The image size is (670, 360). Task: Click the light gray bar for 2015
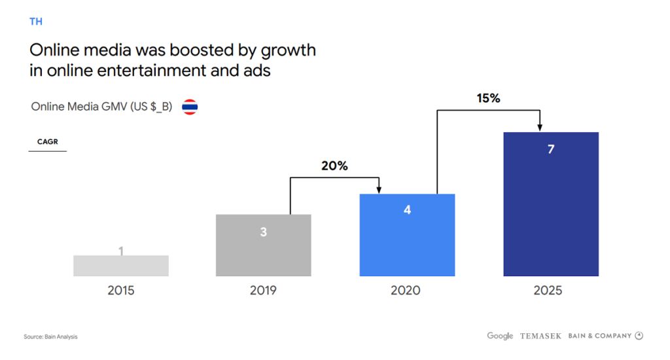click(x=121, y=266)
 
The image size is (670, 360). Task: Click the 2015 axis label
click(x=121, y=291)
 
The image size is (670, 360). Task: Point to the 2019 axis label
click(x=263, y=291)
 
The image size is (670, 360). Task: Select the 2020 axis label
click(x=406, y=291)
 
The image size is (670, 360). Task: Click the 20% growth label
click(x=334, y=166)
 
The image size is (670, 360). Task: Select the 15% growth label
click(x=487, y=99)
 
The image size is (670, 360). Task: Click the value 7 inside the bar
click(x=551, y=149)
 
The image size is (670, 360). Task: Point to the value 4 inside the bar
click(x=407, y=211)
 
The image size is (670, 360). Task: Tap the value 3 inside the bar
click(x=264, y=232)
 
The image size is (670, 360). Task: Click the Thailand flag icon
click(x=190, y=107)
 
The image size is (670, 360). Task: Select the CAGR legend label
click(x=48, y=141)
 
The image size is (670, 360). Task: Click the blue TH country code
click(x=36, y=22)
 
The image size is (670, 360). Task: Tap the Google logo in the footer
click(x=500, y=336)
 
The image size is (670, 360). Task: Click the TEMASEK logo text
click(x=540, y=336)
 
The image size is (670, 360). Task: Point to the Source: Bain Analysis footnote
click(x=50, y=337)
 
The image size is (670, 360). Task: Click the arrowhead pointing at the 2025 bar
click(x=540, y=127)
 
